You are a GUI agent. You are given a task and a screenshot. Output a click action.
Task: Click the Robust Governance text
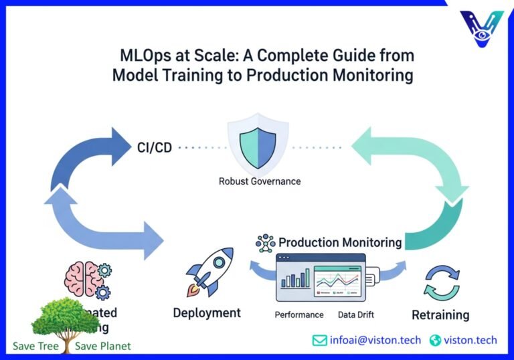(x=260, y=181)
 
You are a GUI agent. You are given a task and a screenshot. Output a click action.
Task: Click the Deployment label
(x=207, y=312)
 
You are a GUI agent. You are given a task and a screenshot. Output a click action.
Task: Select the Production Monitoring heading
(x=340, y=242)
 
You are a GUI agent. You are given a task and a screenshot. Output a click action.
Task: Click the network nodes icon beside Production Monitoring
(x=266, y=243)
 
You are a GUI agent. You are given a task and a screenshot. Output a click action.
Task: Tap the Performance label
(x=299, y=314)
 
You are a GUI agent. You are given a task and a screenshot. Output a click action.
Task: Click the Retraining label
(x=440, y=314)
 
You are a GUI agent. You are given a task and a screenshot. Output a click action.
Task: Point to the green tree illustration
(x=65, y=322)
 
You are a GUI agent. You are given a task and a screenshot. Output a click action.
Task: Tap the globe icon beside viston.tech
(x=436, y=340)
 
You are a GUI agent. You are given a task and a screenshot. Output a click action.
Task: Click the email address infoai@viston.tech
(x=375, y=340)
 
